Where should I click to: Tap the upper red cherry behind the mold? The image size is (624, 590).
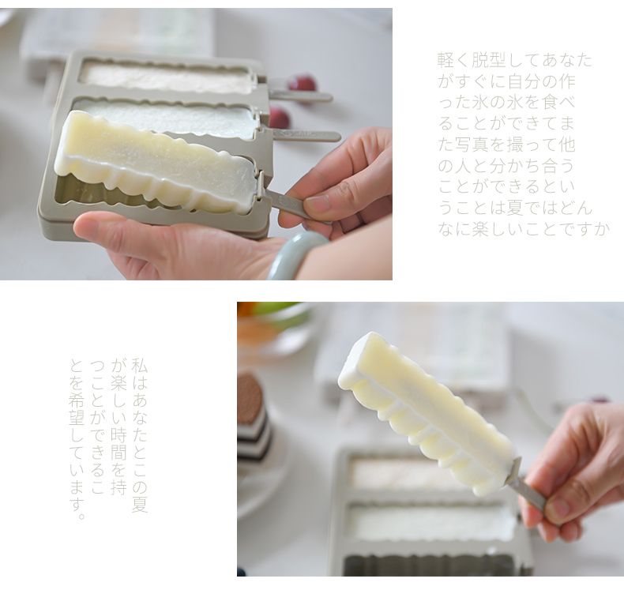pos(303,83)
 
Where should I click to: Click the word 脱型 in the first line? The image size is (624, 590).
pos(489,60)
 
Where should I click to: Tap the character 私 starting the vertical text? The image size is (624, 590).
pos(140,366)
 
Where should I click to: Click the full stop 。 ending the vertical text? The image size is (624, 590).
pos(81,516)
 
